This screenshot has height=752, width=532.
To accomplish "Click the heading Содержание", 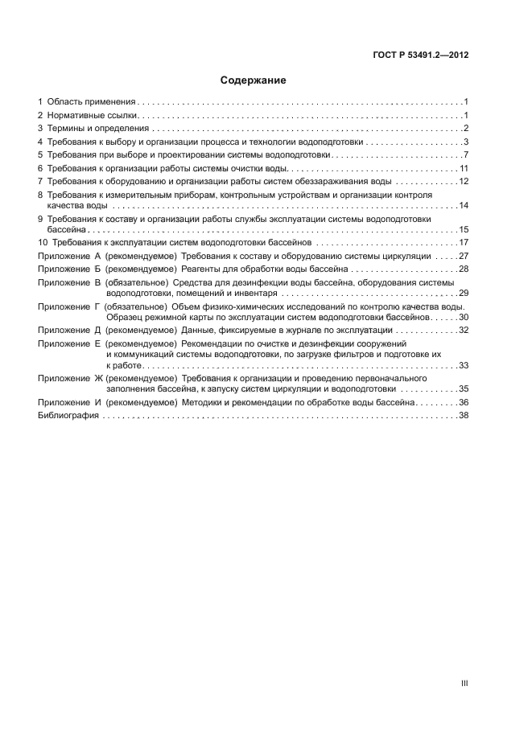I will [x=254, y=81].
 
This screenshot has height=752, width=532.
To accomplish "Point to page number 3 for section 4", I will [x=466, y=142].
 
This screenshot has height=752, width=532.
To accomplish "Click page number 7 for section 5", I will [x=466, y=154].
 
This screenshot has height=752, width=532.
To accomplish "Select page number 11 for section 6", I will [x=464, y=168].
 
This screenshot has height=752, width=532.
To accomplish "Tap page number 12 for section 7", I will [x=463, y=181].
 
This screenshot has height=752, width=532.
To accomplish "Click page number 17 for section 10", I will [x=463, y=242].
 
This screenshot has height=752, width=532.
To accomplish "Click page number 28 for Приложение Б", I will [x=463, y=269].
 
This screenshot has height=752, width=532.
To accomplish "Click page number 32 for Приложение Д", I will [x=463, y=330].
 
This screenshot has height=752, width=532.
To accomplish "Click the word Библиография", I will [x=68, y=415].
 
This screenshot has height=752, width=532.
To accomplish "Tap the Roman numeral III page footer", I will [x=464, y=684].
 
